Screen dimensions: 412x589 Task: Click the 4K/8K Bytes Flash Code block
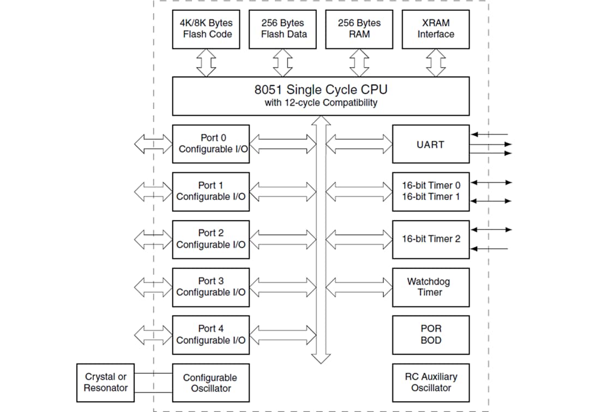(206, 29)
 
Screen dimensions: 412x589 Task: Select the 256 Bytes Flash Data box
(283, 29)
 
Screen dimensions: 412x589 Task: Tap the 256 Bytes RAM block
(359, 29)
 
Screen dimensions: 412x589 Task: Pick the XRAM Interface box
(435, 29)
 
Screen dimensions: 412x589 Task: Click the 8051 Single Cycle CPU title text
(321, 89)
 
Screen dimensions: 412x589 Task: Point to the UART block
(430, 144)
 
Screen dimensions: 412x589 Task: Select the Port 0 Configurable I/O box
(211, 144)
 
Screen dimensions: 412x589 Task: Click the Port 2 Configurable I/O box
(211, 239)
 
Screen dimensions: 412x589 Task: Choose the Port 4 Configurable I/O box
(211, 335)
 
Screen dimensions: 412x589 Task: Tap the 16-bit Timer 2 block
(430, 239)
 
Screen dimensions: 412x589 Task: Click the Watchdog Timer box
(430, 287)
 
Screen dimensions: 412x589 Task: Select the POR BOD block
(430, 335)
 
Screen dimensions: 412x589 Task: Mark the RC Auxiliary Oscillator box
(430, 383)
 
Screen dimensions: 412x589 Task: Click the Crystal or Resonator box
(105, 383)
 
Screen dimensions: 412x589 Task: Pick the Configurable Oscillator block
(211, 383)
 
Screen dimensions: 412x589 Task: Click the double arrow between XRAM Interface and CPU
(435, 63)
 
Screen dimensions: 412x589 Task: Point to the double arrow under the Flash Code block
(206, 63)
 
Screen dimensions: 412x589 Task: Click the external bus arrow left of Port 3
(153, 287)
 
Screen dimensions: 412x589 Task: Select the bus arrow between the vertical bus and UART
(359, 144)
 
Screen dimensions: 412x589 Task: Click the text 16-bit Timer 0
(431, 185)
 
